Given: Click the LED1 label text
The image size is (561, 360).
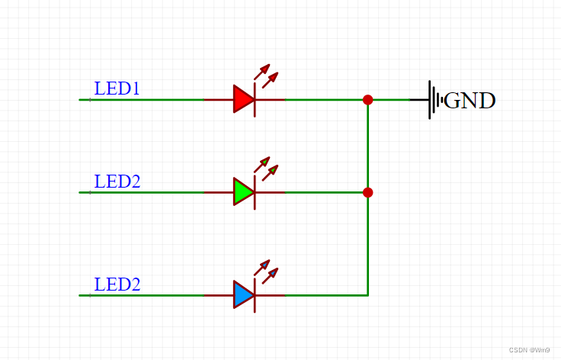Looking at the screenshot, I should click(x=117, y=88).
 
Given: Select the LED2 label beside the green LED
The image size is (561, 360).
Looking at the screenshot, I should click(x=117, y=182).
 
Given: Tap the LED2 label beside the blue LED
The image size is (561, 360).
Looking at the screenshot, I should click(x=117, y=284).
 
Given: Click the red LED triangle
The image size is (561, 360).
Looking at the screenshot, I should click(x=242, y=99).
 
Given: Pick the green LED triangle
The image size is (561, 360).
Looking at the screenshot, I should click(x=242, y=192).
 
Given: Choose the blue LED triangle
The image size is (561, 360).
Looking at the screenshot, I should click(x=242, y=294).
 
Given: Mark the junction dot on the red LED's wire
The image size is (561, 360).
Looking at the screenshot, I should click(x=368, y=99).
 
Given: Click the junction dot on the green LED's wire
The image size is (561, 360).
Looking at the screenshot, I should click(x=368, y=192).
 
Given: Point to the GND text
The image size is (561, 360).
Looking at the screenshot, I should click(x=470, y=101).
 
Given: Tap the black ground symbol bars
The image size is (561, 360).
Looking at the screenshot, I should click(x=434, y=100).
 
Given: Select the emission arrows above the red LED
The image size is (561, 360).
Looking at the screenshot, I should click(x=266, y=74).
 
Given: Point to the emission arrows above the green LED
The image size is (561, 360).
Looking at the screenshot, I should click(x=266, y=167).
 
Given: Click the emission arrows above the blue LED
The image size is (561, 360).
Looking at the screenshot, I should click(x=266, y=269).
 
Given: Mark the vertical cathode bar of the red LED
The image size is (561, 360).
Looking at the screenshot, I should click(x=255, y=99).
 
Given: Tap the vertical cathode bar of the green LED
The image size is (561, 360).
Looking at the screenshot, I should click(x=255, y=192).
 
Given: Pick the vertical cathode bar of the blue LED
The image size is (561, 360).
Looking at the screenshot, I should click(x=255, y=294).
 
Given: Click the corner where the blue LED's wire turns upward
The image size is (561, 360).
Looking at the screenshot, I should click(x=368, y=294).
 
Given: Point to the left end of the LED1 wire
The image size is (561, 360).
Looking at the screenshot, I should click(x=81, y=99).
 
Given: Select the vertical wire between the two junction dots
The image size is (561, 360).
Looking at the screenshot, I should click(x=368, y=146).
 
